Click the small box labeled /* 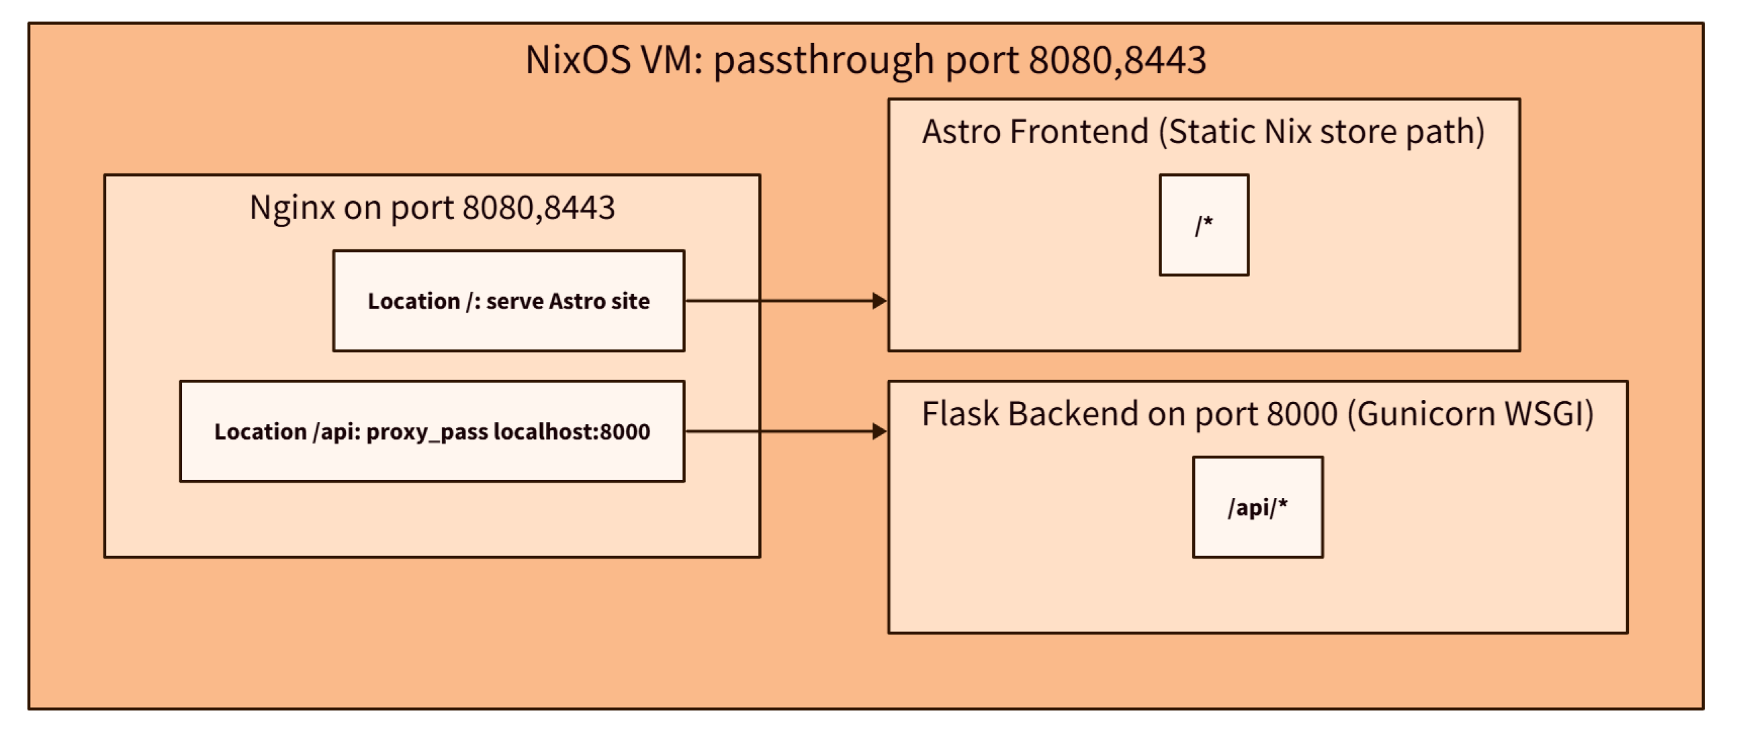(1204, 225)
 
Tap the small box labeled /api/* (1257, 506)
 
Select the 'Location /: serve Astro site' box (508, 300)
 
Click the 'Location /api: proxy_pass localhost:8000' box (432, 431)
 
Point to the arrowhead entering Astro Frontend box (879, 300)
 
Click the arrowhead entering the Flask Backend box (879, 431)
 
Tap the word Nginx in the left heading (292, 207)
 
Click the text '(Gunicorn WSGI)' (1470, 413)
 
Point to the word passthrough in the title (823, 60)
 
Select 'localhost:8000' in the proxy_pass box (572, 431)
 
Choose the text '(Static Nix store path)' (1321, 131)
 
